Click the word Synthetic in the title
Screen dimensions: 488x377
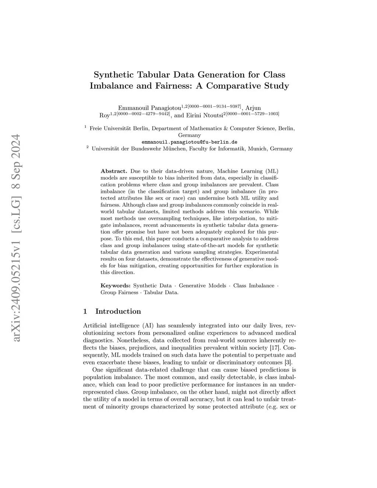click(113, 75)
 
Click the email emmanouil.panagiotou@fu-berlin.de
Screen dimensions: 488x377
click(189, 142)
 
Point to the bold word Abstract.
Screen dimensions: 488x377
click(114, 171)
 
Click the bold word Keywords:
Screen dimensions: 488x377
click(115, 286)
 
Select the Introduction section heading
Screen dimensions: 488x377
click(118, 312)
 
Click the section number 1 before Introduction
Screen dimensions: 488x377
click(85, 312)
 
